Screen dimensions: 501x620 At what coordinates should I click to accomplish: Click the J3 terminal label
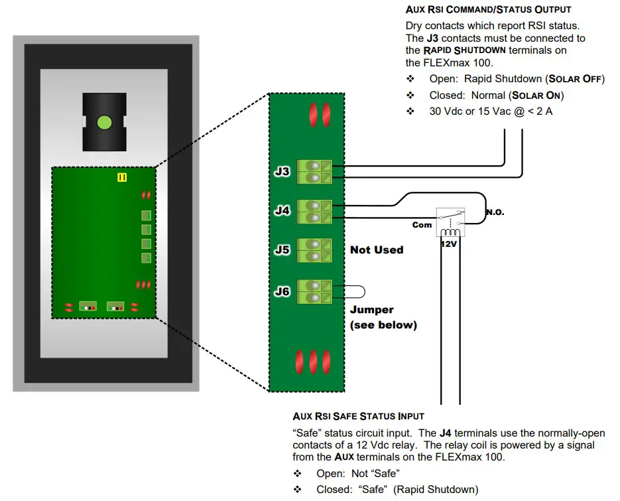tap(282, 171)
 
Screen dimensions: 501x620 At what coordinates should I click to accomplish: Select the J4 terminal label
tap(282, 211)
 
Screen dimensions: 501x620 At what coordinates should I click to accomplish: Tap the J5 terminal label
tap(282, 250)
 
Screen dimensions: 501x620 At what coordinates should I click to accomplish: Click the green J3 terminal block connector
tap(314, 171)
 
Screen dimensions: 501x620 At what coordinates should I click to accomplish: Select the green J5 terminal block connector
tap(314, 250)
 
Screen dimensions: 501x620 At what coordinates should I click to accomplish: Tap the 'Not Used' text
tap(376, 250)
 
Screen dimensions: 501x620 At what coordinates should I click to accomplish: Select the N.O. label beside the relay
tap(495, 213)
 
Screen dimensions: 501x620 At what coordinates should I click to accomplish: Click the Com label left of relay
tap(422, 225)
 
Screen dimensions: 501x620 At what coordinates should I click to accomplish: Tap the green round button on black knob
tap(103, 122)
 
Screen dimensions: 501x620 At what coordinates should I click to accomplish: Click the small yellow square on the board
tap(121, 177)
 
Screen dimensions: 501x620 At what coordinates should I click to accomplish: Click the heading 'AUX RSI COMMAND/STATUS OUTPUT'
tap(488, 10)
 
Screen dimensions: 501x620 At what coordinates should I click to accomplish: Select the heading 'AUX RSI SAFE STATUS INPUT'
tap(358, 417)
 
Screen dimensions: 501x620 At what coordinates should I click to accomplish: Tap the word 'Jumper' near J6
tap(371, 310)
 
